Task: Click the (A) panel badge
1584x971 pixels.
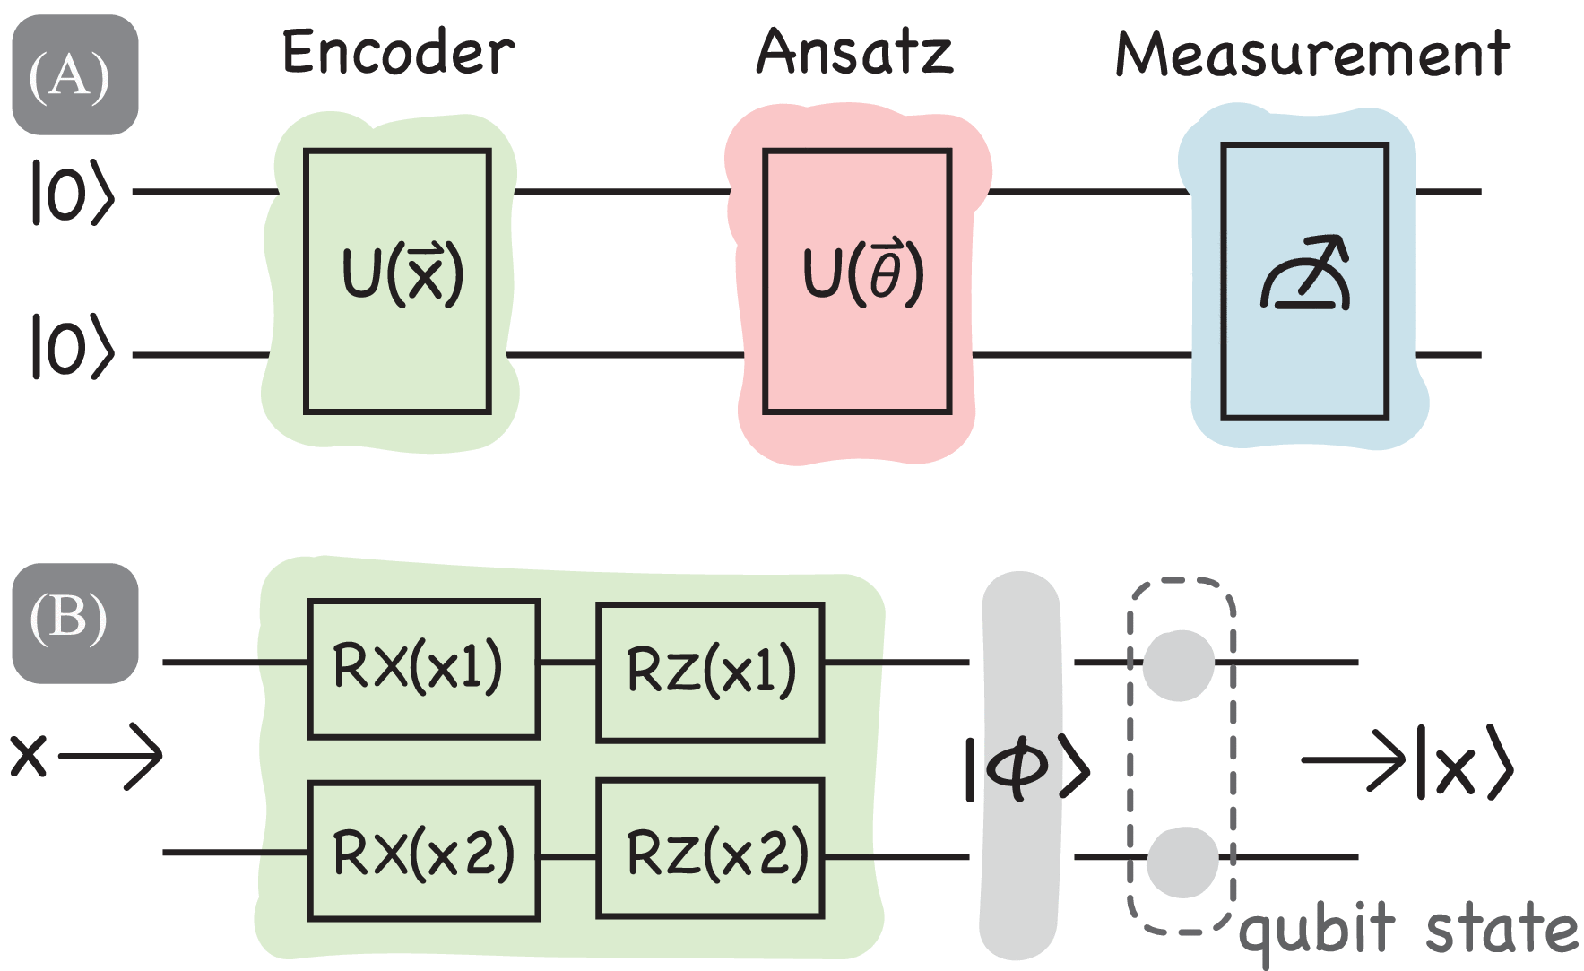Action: point(74,75)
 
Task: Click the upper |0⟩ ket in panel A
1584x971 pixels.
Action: point(73,192)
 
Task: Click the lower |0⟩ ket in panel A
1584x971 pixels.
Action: point(73,346)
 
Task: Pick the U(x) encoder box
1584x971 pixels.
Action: point(398,281)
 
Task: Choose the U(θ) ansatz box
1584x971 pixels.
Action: point(857,281)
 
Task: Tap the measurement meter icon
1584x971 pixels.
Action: point(1305,274)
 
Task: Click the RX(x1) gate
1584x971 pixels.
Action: point(423,668)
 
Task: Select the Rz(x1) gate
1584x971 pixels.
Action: point(710,672)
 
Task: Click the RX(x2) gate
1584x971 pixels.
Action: point(423,851)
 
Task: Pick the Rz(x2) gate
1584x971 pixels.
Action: point(710,851)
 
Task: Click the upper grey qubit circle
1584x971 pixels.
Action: point(1179,664)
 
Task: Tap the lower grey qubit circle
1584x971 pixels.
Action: point(1182,861)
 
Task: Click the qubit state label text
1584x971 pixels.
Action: point(1407,931)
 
